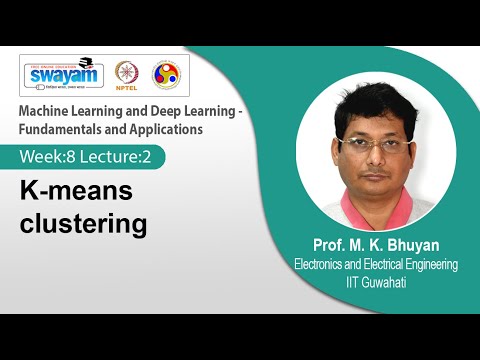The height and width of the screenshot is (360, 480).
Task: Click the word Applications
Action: (x=175, y=129)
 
